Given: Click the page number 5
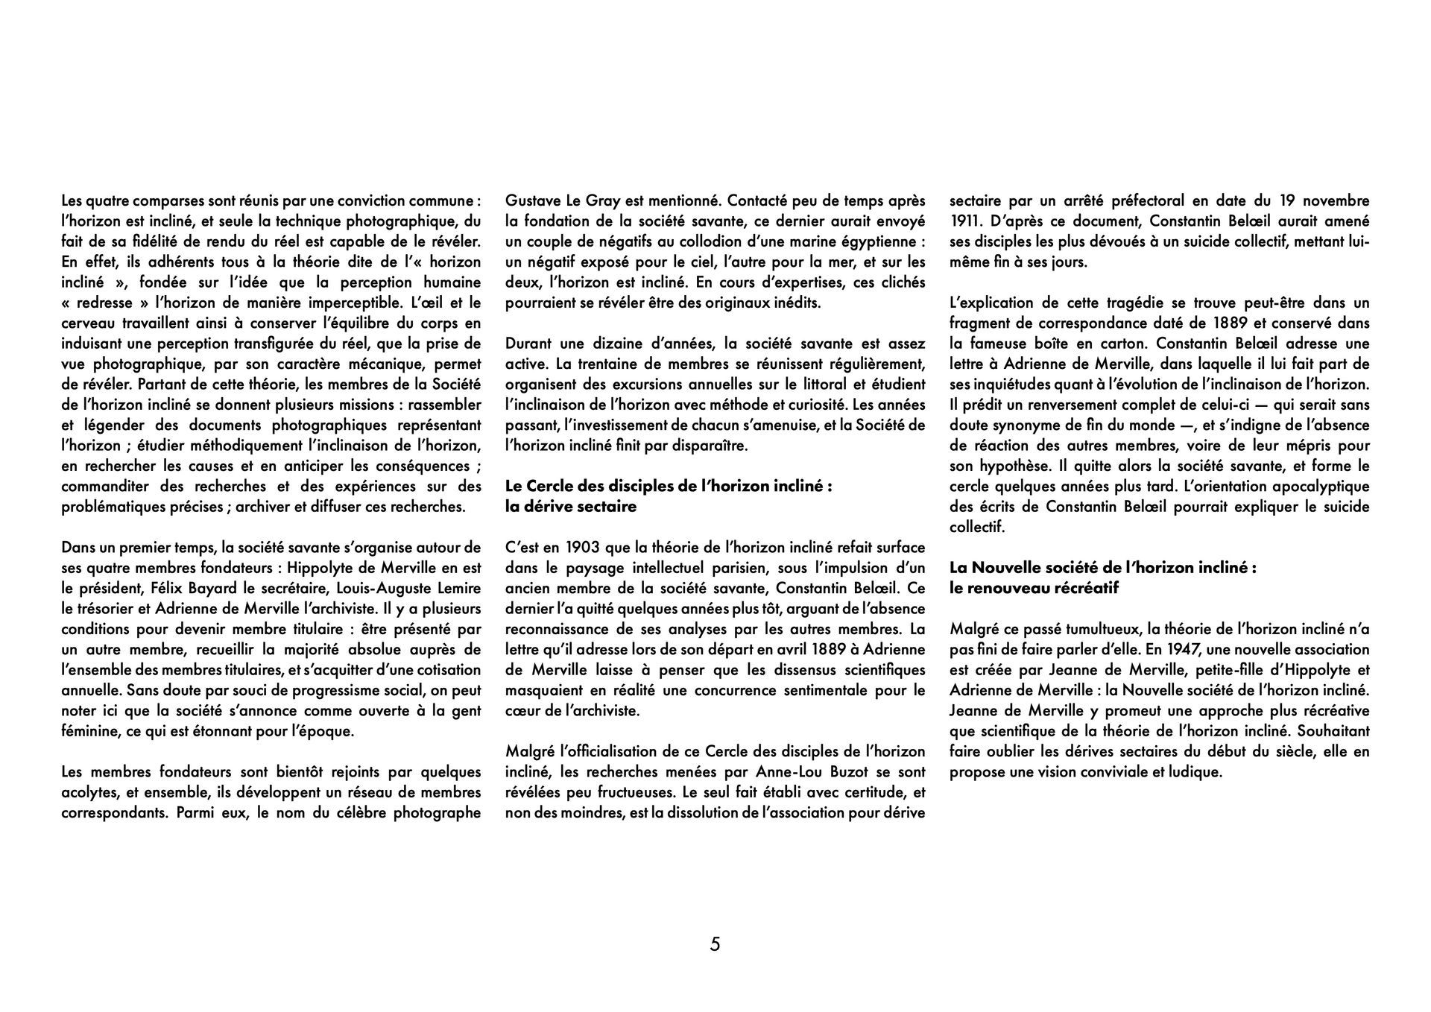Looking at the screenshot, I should point(715,944).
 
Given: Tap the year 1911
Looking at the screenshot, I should point(964,221).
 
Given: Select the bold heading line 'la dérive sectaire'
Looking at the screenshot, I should point(571,507).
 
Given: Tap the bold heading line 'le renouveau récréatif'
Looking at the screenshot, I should point(1034,588).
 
